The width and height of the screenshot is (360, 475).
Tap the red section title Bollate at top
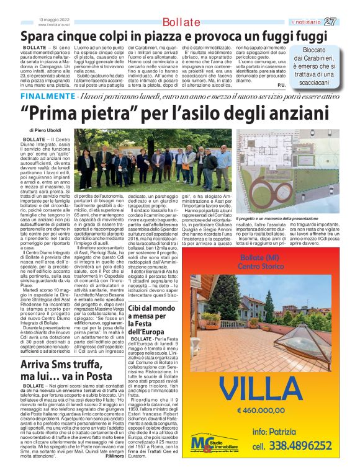coord(181,23)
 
